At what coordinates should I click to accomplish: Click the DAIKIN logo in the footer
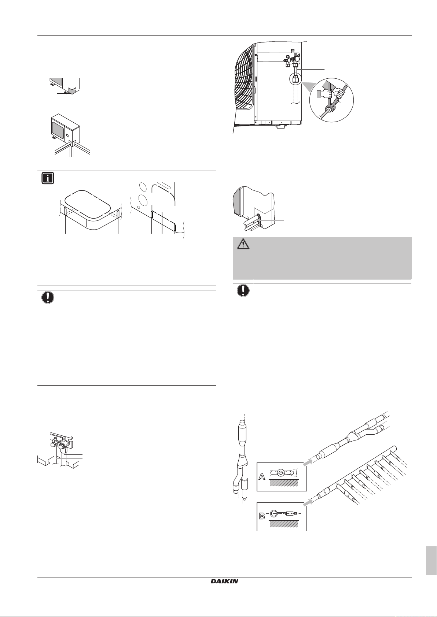(x=224, y=581)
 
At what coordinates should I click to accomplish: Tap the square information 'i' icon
(x=48, y=178)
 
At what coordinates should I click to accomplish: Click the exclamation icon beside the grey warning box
(x=243, y=290)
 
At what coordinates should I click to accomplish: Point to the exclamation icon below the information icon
(x=48, y=297)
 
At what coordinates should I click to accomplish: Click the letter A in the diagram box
(x=262, y=476)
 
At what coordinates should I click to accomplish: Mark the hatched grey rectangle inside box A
(x=284, y=483)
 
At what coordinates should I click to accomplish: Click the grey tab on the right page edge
(x=431, y=561)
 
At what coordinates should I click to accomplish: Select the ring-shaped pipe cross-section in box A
(x=280, y=473)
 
